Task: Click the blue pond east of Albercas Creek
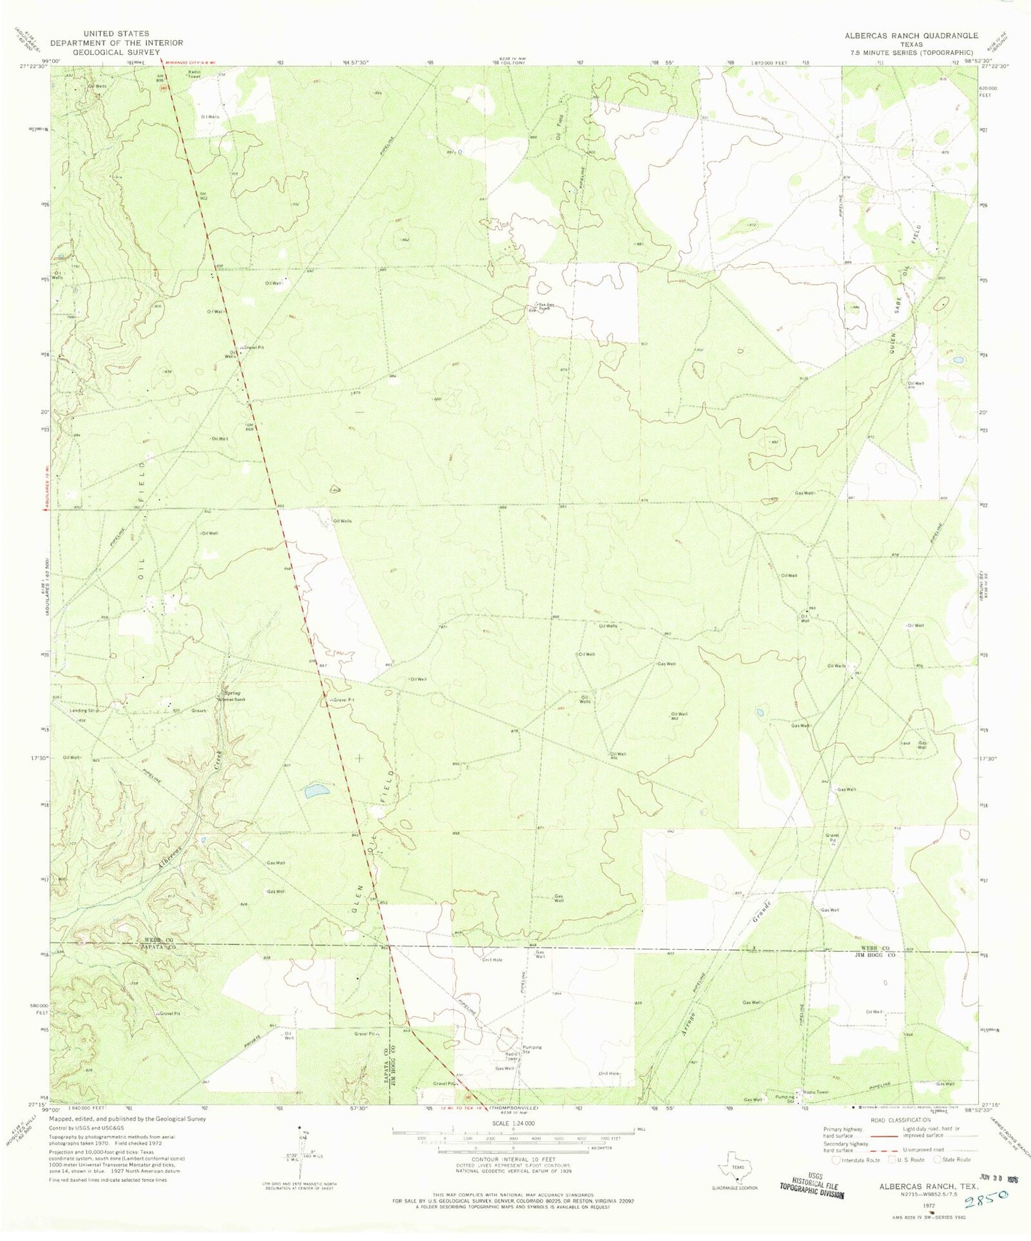point(317,791)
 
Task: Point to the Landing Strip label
point(83,711)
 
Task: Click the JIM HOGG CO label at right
point(879,954)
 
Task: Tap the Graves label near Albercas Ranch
point(199,711)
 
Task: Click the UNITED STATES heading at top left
point(116,34)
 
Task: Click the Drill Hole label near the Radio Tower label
point(609,1073)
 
